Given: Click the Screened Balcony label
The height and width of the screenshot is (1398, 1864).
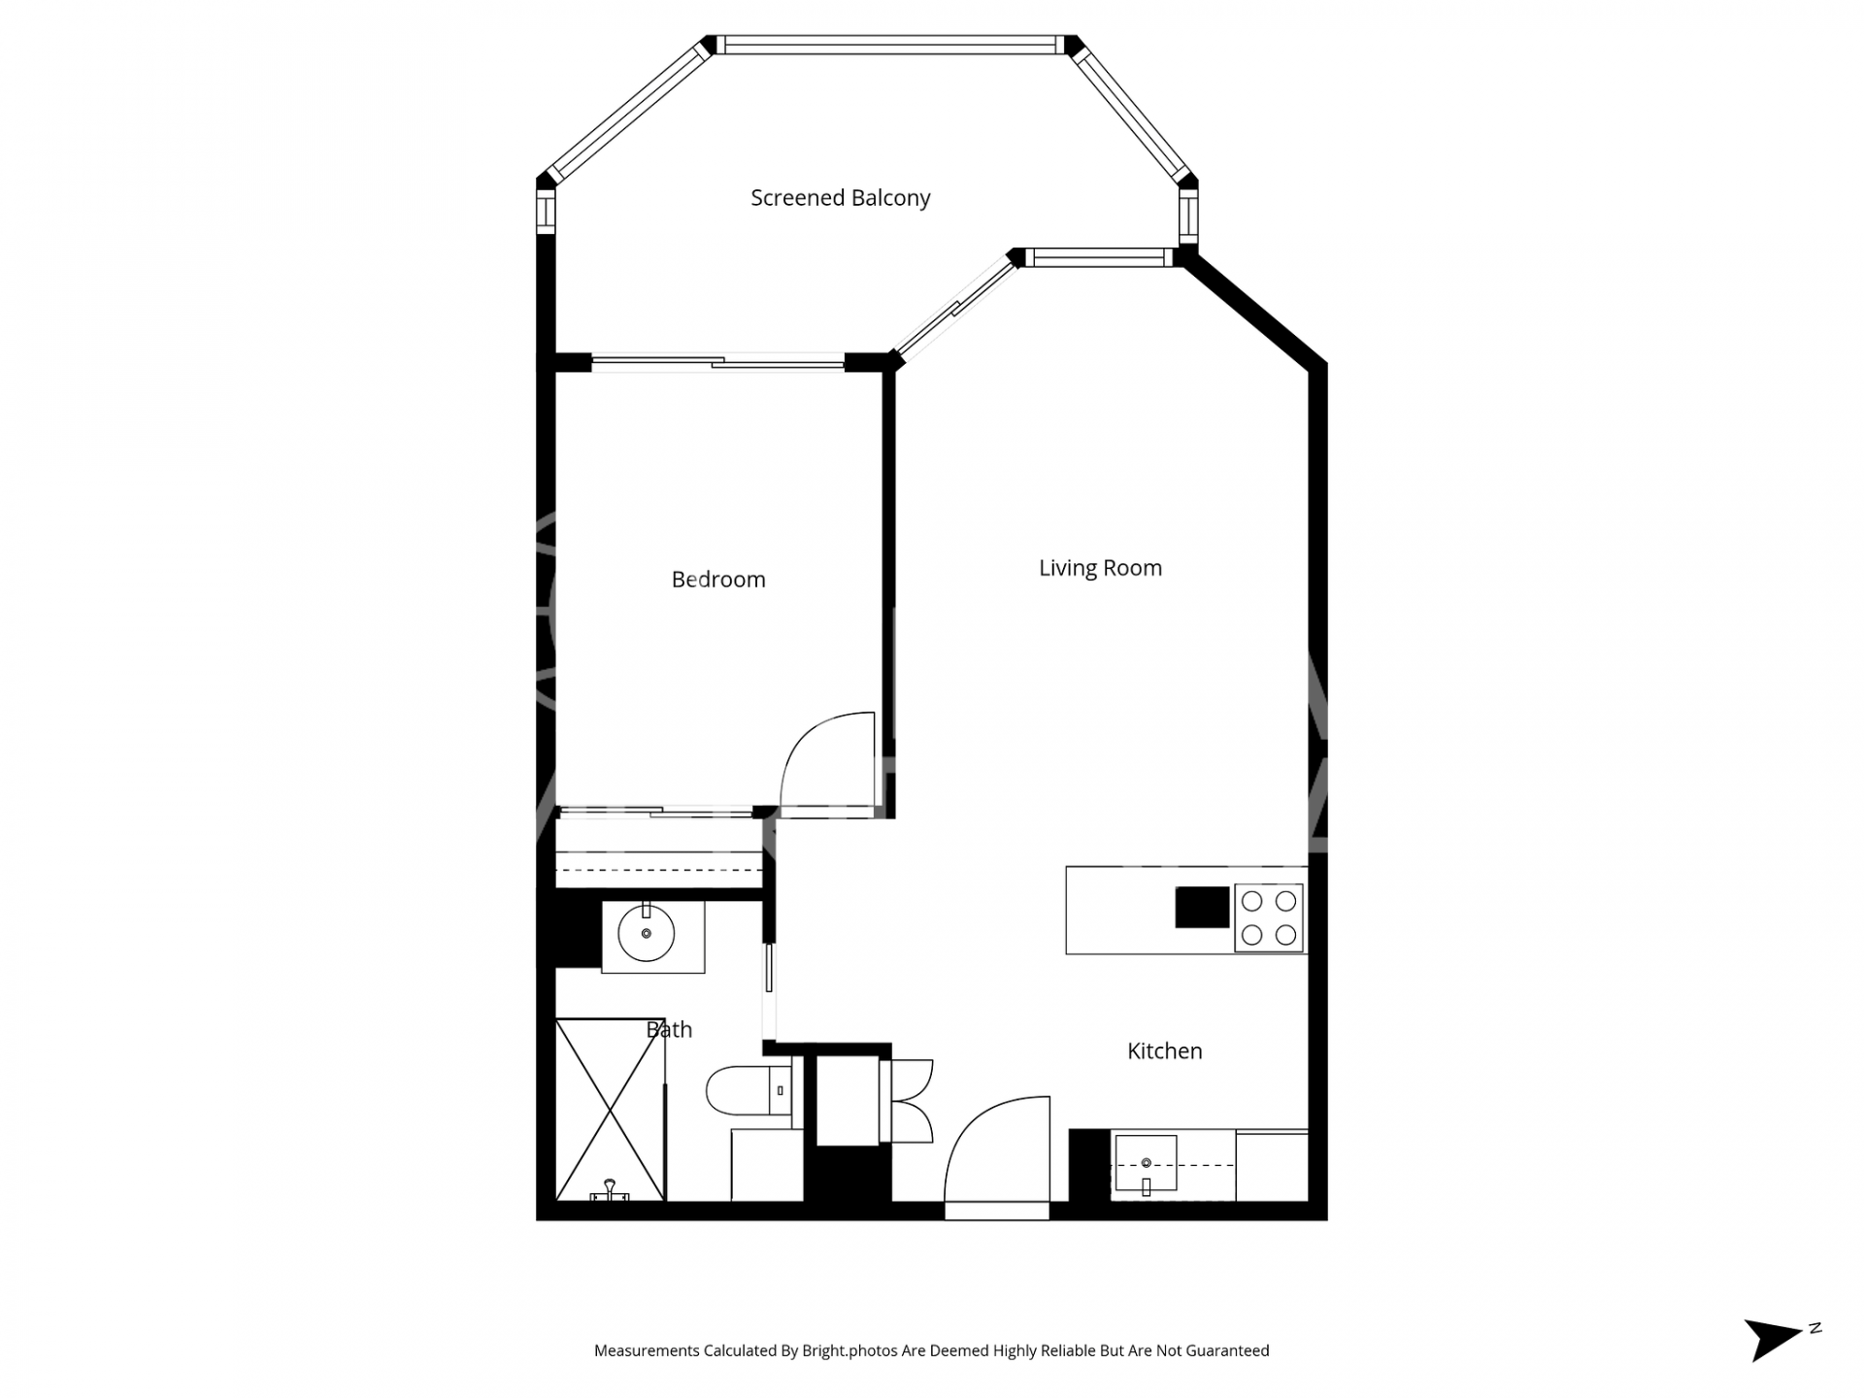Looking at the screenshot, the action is [840, 198].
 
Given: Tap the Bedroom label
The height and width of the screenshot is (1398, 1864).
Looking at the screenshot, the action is [718, 580].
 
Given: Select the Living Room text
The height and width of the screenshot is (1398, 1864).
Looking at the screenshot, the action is [1100, 568].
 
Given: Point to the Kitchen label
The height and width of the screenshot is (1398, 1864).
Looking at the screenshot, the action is [1164, 1050].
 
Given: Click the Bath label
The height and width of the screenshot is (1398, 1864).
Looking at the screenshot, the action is [669, 1029].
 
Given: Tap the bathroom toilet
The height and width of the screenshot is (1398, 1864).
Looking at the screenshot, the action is [749, 1090].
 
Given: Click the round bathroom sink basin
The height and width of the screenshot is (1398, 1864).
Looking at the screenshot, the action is [646, 934].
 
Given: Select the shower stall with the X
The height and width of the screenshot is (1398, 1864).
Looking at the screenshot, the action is [611, 1110].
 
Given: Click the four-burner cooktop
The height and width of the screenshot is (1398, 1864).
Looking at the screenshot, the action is [1269, 917].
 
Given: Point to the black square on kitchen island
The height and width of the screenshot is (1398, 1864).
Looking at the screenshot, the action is [1202, 908].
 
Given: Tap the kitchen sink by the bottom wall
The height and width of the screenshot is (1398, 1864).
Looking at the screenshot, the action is [1146, 1163].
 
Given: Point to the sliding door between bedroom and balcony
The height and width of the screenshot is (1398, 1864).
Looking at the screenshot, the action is [718, 363].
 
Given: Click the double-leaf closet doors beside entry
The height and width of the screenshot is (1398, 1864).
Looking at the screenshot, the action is [907, 1100].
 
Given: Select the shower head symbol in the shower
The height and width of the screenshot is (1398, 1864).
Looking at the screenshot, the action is [610, 1190].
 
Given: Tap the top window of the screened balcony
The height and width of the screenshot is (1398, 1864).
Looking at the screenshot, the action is [889, 45].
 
